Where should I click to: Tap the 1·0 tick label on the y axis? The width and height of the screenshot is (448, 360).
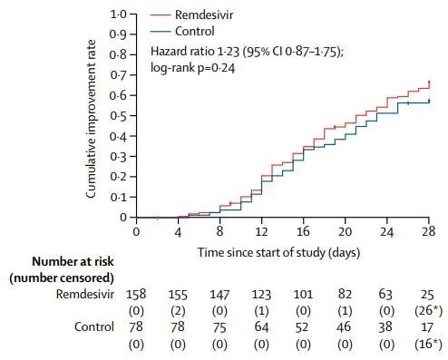pyautogui.click(x=119, y=15)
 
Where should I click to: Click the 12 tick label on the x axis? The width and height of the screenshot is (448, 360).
pyautogui.click(x=261, y=231)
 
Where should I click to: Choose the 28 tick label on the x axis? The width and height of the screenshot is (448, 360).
pyautogui.click(x=428, y=231)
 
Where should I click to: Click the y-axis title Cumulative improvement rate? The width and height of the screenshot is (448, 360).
pyautogui.click(x=91, y=119)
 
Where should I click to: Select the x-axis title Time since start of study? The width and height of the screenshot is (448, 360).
pyautogui.click(x=262, y=252)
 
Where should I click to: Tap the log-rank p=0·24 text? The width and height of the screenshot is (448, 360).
pyautogui.click(x=192, y=68)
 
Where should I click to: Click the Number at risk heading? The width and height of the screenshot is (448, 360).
pyautogui.click(x=73, y=262)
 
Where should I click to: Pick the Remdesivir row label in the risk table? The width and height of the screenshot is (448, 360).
pyautogui.click(x=85, y=294)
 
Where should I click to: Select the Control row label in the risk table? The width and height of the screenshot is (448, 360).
pyautogui.click(x=94, y=326)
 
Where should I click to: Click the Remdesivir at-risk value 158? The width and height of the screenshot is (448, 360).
pyautogui.click(x=136, y=294)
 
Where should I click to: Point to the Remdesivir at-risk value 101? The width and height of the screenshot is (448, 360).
pyautogui.click(x=303, y=294)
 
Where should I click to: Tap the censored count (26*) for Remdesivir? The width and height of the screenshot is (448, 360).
pyautogui.click(x=428, y=310)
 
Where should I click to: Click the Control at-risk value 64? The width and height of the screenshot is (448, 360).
pyautogui.click(x=261, y=326)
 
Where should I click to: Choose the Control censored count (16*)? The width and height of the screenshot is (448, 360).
pyautogui.click(x=428, y=344)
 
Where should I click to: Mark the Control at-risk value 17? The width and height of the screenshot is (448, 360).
pyautogui.click(x=427, y=326)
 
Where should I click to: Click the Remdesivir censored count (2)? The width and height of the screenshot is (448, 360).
pyautogui.click(x=178, y=310)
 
